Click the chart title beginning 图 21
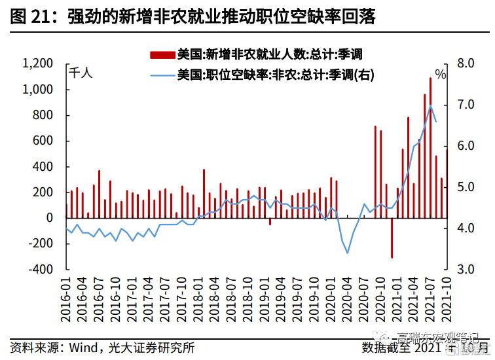pos(193,16)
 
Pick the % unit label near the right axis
pos(440,74)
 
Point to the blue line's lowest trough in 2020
pos(348,253)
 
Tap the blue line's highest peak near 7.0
pos(430,106)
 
